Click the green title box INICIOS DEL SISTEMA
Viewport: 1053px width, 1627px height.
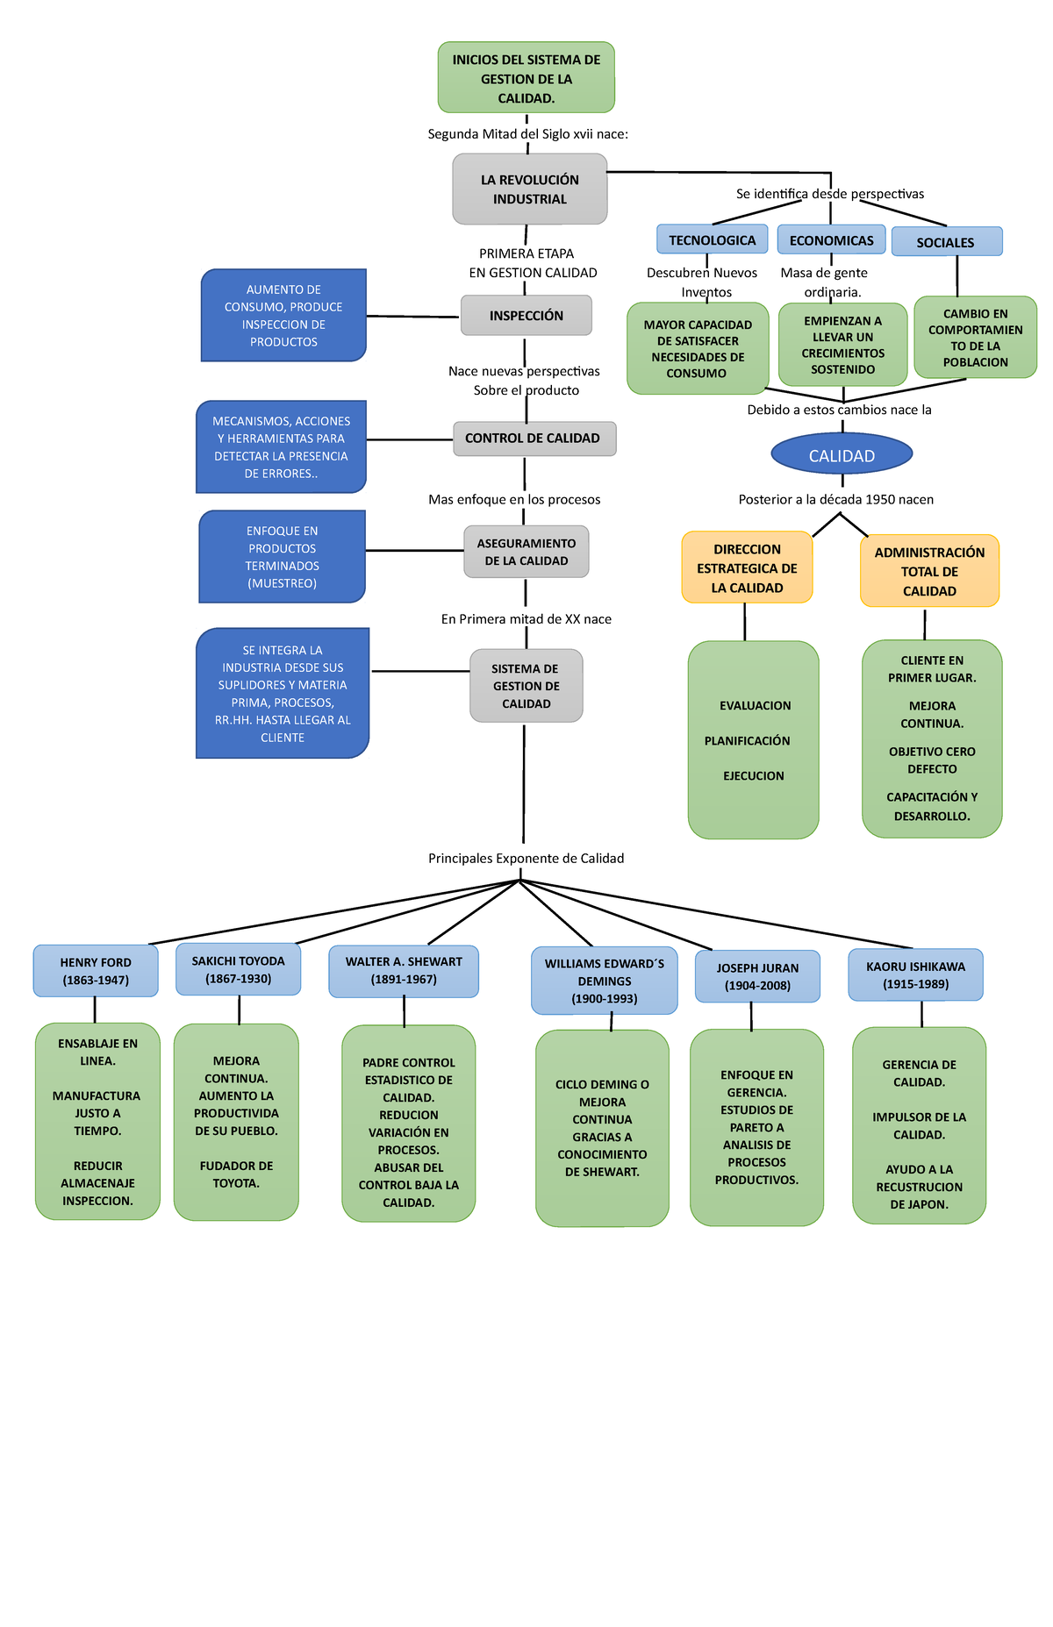coord(526,77)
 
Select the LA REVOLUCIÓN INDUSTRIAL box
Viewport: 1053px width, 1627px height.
coord(530,189)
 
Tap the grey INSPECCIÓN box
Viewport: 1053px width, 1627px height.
coord(526,316)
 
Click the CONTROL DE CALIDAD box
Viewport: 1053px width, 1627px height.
coord(534,439)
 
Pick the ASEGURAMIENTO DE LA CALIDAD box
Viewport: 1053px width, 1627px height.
coord(526,552)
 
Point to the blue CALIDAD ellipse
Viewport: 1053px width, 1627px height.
coord(842,454)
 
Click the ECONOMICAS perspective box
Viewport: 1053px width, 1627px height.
coord(830,239)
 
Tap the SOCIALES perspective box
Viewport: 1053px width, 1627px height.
coord(946,242)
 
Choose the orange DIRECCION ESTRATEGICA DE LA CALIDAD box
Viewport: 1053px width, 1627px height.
coord(747,568)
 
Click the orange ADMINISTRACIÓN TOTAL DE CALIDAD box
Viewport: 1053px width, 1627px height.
coord(929,571)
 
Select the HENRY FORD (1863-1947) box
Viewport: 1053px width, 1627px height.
coord(96,971)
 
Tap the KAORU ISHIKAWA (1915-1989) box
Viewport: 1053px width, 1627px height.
coord(915,974)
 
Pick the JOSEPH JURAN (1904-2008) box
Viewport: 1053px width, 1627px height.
coord(757,976)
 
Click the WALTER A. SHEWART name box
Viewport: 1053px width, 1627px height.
coord(404,970)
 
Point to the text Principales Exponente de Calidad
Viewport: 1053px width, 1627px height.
coord(526,859)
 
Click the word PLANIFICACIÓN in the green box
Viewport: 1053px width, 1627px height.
coord(747,741)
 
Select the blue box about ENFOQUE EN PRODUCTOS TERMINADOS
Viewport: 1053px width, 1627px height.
coord(282,557)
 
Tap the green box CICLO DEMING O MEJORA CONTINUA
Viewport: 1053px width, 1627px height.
coord(602,1128)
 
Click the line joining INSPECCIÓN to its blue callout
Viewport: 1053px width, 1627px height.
coord(412,316)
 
